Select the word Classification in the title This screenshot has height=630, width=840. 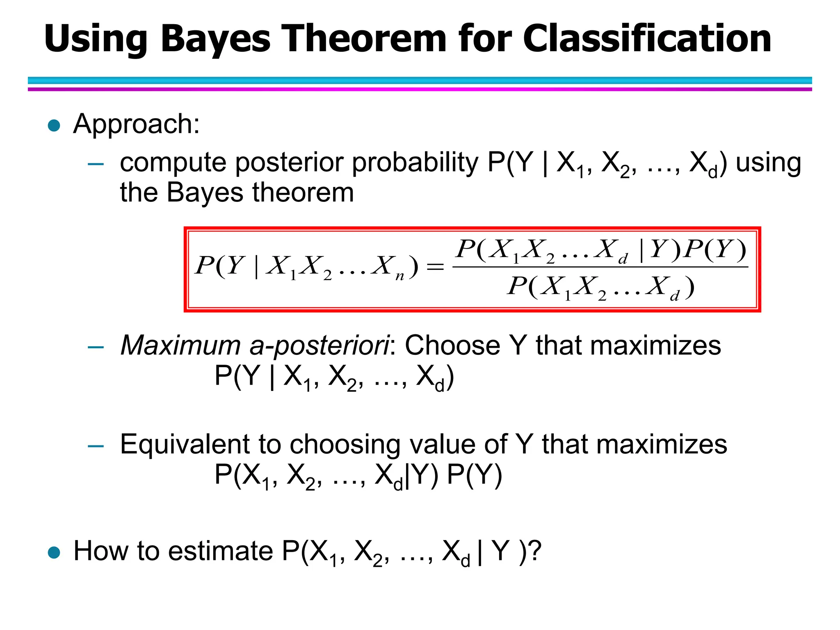tap(647, 39)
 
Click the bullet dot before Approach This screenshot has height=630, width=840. tap(54, 126)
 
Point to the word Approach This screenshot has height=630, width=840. tap(136, 124)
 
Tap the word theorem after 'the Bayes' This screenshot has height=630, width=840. tap(303, 193)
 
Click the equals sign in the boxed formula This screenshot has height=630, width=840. tap(435, 267)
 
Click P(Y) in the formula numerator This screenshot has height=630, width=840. tap(716, 249)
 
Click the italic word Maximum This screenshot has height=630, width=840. tap(180, 345)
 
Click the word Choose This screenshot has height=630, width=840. tap(452, 345)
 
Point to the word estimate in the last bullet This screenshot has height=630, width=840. tap(221, 551)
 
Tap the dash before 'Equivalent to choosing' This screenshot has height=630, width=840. tap(96, 446)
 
